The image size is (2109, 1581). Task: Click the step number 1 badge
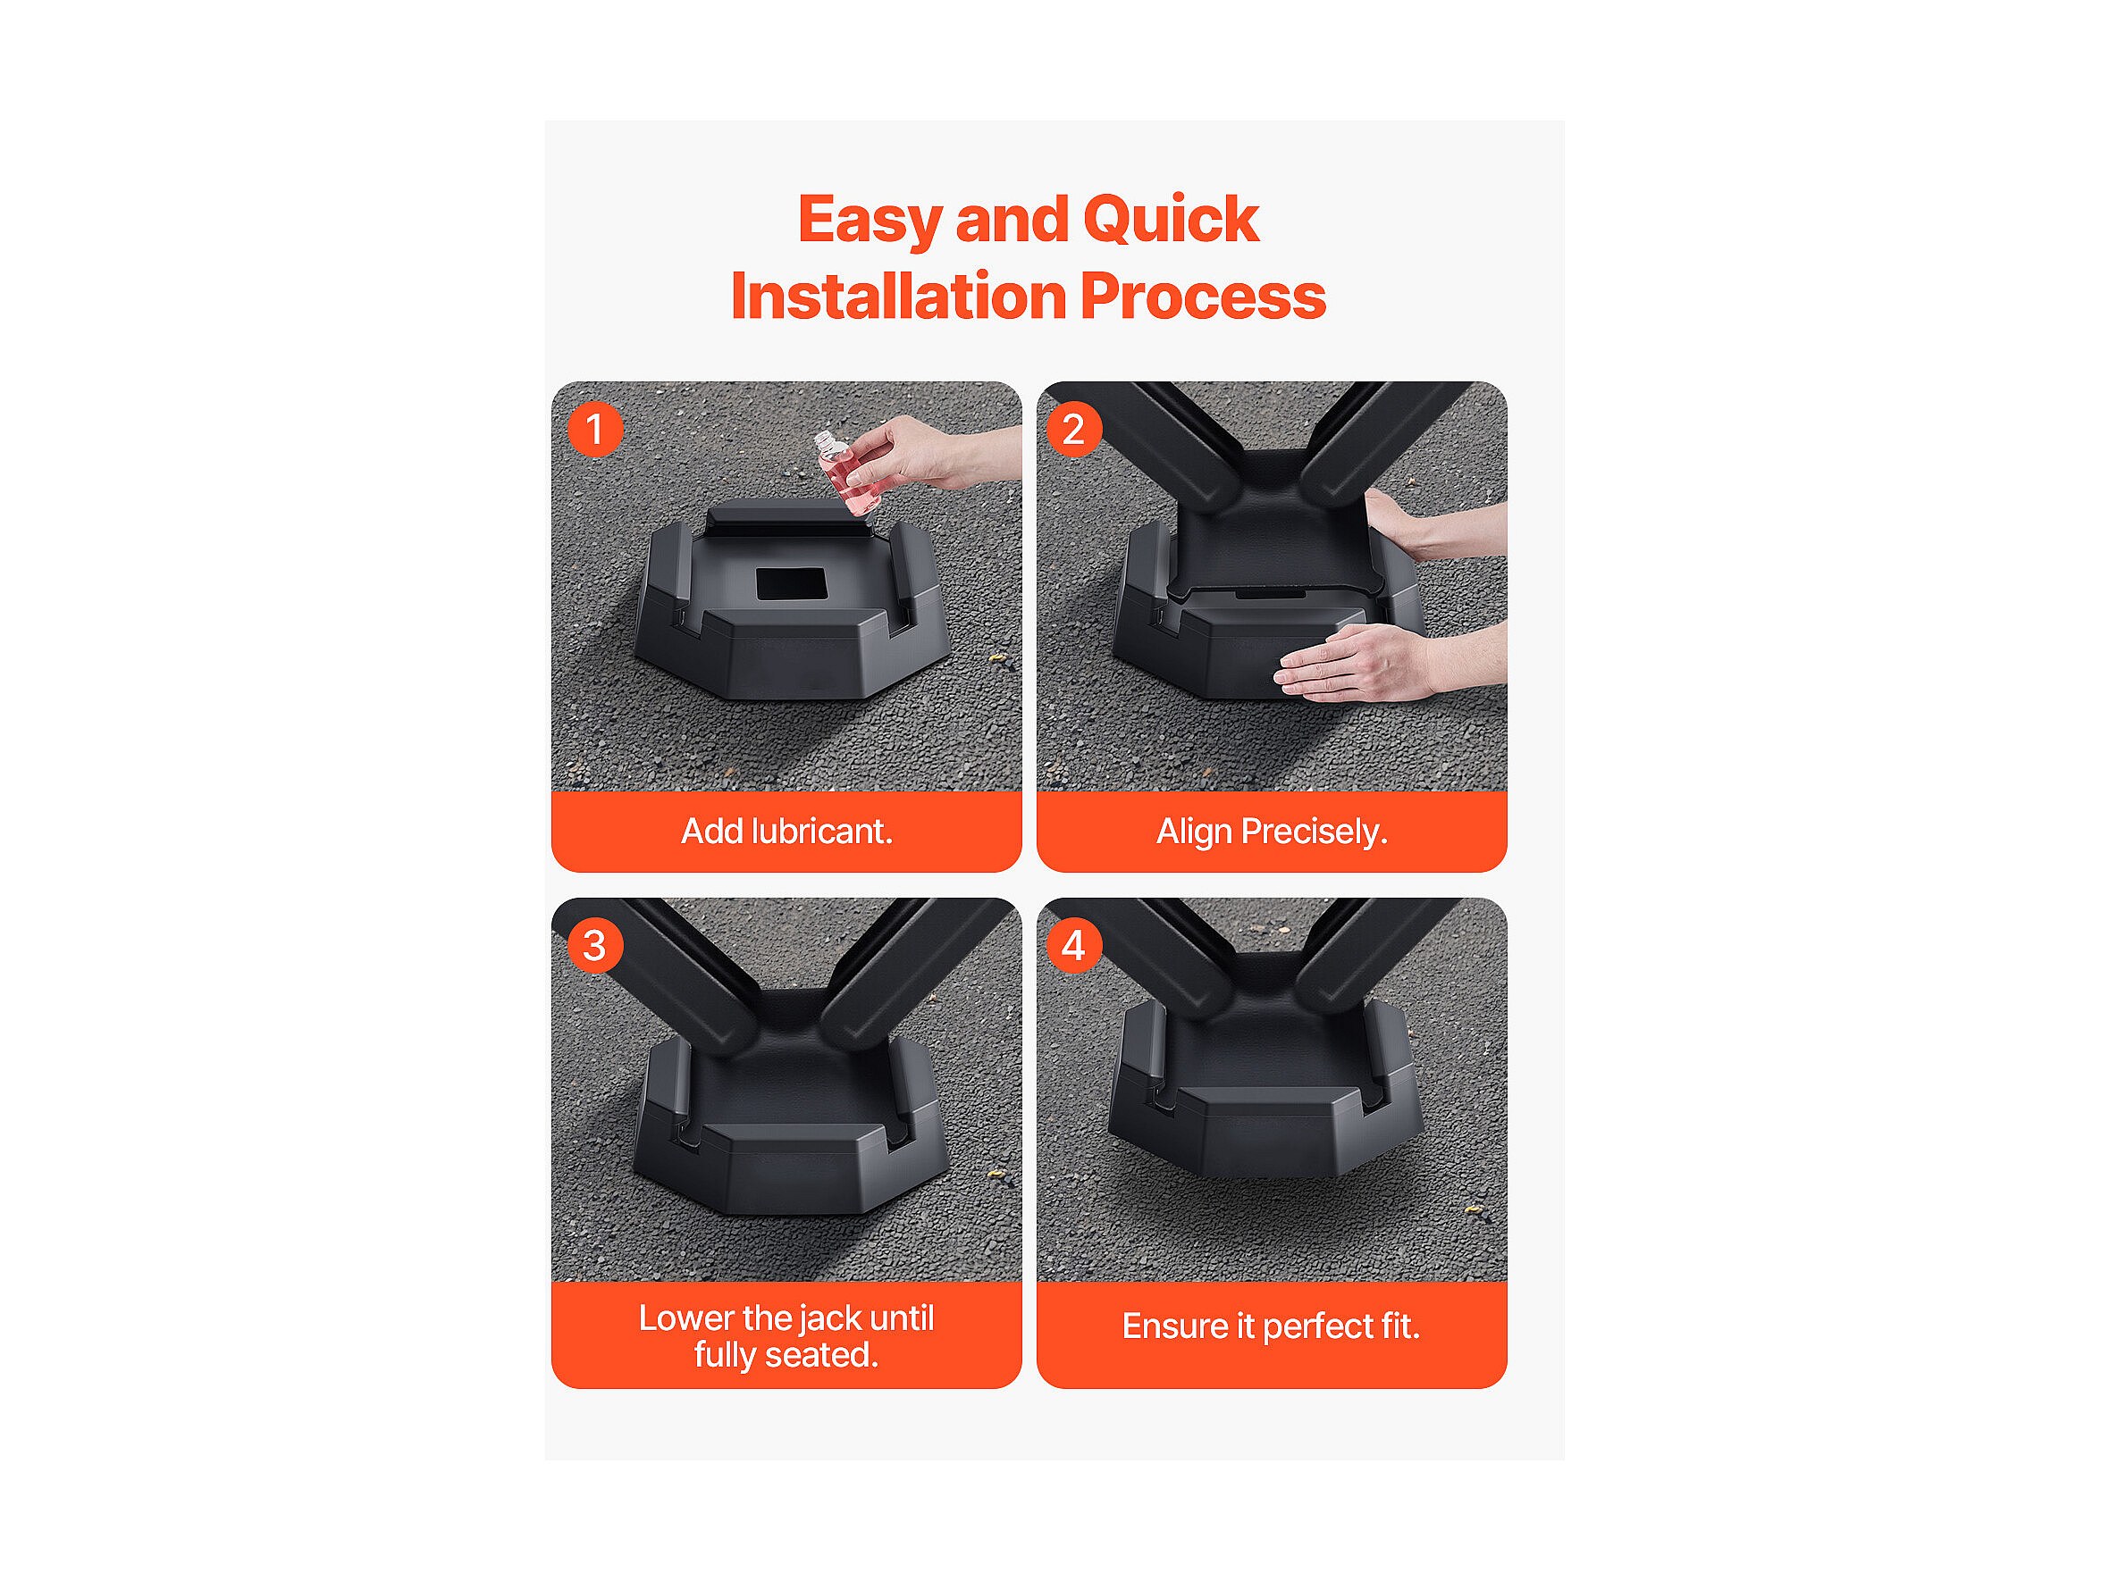(x=595, y=430)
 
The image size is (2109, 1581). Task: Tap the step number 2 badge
(x=1073, y=430)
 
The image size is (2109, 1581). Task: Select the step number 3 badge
(x=595, y=945)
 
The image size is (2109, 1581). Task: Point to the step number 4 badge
(x=1073, y=945)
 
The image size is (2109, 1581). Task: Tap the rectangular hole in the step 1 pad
(x=790, y=584)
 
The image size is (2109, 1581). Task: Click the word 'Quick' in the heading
(x=1171, y=220)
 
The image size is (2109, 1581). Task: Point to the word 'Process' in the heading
(x=1203, y=297)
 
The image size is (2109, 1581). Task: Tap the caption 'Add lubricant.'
(x=786, y=832)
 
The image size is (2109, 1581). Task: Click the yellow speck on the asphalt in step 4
(x=1476, y=1211)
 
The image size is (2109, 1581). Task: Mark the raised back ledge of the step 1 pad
(x=787, y=517)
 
